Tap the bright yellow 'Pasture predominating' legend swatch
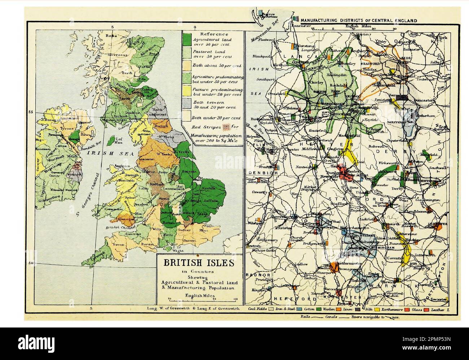[187, 91]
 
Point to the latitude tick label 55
[30, 112]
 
